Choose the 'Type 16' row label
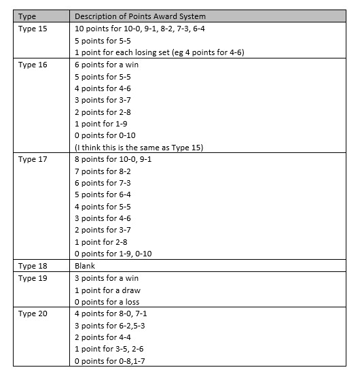tap(33, 65)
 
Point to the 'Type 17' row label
tap(33, 159)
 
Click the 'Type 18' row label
tap(33, 266)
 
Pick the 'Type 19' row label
tap(33, 278)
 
